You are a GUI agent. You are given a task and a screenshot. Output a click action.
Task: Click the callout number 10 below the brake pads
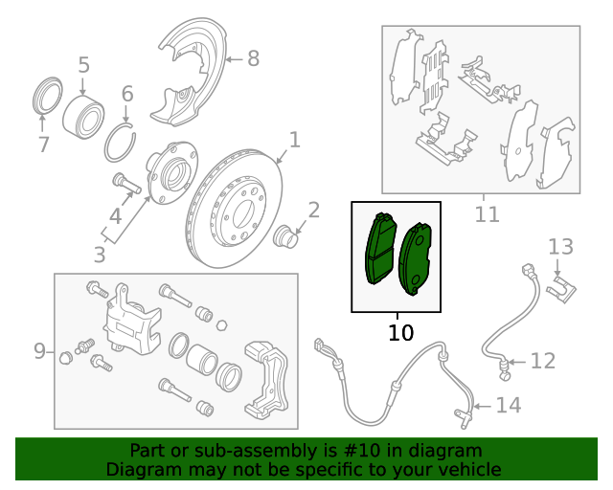(x=400, y=333)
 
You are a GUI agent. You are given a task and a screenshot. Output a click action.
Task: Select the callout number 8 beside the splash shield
(x=253, y=59)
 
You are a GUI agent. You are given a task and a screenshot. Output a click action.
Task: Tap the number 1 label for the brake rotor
(x=295, y=140)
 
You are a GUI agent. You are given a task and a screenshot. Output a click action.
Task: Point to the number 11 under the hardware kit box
(x=488, y=214)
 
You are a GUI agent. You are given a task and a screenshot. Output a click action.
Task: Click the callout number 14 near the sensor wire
(x=508, y=406)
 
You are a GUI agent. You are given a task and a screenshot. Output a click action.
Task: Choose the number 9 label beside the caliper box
(x=40, y=351)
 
